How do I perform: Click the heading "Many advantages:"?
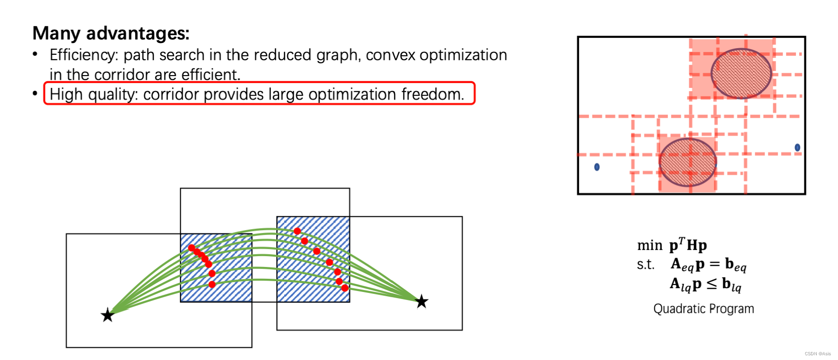tap(111, 34)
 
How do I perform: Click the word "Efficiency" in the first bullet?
tap(83, 55)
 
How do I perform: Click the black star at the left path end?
tap(108, 315)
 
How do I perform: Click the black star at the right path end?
tap(421, 301)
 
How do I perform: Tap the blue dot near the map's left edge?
tap(597, 167)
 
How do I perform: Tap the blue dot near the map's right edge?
tap(797, 147)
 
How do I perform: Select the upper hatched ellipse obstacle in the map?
tap(741, 73)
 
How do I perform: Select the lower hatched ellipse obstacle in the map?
tap(688, 162)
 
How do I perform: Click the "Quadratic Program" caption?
tap(703, 309)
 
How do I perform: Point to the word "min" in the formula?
tap(650, 246)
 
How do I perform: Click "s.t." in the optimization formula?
tap(645, 265)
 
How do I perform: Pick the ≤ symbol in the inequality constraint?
tap(711, 284)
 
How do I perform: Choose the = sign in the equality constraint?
tap(715, 264)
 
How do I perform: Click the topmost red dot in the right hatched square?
tap(297, 231)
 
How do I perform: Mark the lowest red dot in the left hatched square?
tap(212, 284)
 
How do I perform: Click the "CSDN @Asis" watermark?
tap(818, 353)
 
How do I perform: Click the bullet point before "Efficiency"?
tap(35, 54)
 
